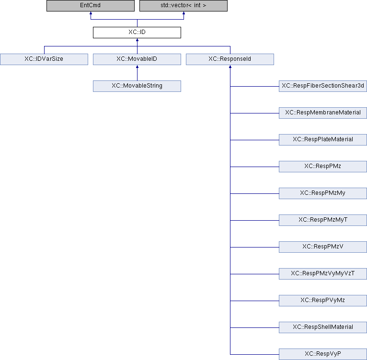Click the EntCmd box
coord(91,6)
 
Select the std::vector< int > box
coord(183,6)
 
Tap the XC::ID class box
coord(137,33)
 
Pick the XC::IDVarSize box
coord(44,59)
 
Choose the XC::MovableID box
coord(137,59)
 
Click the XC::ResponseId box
coord(230,59)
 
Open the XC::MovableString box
coord(137,86)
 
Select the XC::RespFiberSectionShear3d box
coord(323,86)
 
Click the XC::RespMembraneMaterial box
coord(323,113)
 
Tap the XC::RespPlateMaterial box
coord(323,140)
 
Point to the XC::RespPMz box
coord(323,167)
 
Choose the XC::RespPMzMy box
coord(323,193)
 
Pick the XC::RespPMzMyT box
coord(323,220)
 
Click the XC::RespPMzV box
coord(323,247)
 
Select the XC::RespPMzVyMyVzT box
coord(323,274)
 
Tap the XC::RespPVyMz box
coord(323,300)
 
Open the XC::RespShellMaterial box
coord(323,327)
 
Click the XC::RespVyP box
coord(323,354)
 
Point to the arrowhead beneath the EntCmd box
coord(91,13)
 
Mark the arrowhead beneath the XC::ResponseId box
coord(230,67)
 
